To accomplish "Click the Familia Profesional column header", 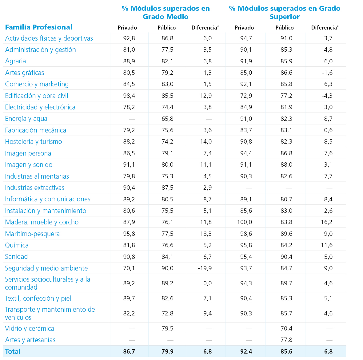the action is pos(39,27).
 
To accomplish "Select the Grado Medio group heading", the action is pos(166,13).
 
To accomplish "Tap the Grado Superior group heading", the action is pos(285,13).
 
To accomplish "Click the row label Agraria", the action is pos(15,61).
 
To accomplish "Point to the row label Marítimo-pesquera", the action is pos(32,234).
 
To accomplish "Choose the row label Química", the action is pos(17,245).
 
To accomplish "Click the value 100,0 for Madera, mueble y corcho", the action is pos(245,222).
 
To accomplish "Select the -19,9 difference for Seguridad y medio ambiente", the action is pos(205,268).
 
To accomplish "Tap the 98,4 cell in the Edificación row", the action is pos(129,96).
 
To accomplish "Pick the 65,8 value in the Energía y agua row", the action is pos(167,119).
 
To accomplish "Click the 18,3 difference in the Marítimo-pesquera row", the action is pos(206,234).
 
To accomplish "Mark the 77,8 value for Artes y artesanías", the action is pos(286,340).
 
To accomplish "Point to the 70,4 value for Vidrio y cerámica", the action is pos(286,328).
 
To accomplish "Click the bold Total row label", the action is pos(13,351).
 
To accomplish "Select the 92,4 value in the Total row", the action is pos(246,351).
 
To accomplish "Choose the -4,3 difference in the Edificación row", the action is pos(327,96).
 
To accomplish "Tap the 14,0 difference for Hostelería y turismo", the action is pos(206,142).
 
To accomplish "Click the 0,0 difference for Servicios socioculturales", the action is pos(207,283).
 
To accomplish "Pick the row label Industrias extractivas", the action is pos(35,188).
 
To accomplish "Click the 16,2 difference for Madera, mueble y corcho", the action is pos(327,222).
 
